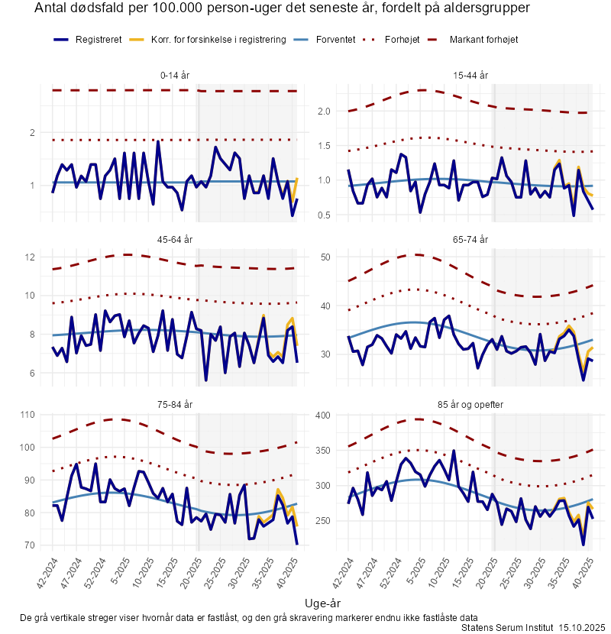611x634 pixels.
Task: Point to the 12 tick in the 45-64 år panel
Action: tap(32, 257)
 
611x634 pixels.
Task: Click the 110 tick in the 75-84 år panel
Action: tap(29, 415)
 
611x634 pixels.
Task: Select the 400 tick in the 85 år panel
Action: tap(322, 415)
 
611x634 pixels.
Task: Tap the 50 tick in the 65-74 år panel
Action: tap(325, 257)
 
